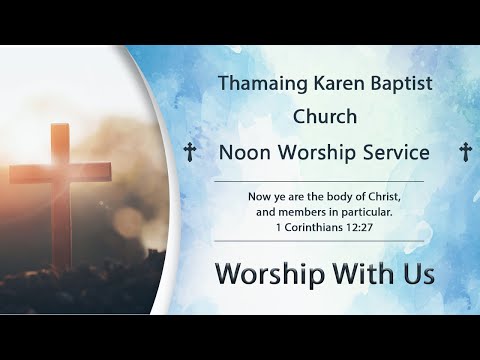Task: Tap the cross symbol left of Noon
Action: pyautogui.click(x=190, y=152)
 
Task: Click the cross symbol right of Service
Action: pyautogui.click(x=464, y=152)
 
